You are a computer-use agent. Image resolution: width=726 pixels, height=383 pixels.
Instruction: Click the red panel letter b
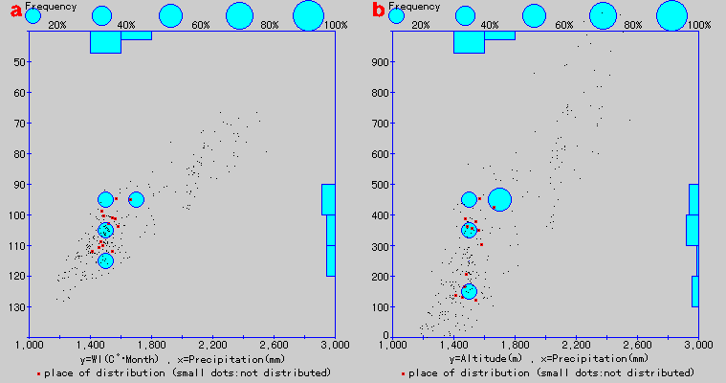tap(379, 11)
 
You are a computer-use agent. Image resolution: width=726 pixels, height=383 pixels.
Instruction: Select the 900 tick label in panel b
tap(379, 62)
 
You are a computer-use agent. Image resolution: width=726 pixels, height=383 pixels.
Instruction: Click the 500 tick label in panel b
tap(379, 185)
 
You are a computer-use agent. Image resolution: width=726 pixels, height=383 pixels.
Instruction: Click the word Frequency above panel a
tap(51, 6)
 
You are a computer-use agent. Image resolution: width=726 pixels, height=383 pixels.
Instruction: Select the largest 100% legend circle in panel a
tap(309, 15)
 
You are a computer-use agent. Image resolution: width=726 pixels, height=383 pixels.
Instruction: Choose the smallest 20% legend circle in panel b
tap(396, 15)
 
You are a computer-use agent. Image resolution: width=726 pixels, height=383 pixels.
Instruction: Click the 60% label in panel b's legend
tap(564, 25)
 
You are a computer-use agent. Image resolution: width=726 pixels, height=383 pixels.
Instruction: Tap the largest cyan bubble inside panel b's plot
tap(499, 199)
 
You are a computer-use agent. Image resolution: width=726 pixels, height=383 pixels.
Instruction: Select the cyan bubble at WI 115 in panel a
tap(105, 260)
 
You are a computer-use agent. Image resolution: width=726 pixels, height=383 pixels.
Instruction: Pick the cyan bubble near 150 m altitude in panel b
tap(469, 291)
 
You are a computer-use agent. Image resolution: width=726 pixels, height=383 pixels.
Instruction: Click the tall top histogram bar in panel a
tap(105, 42)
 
